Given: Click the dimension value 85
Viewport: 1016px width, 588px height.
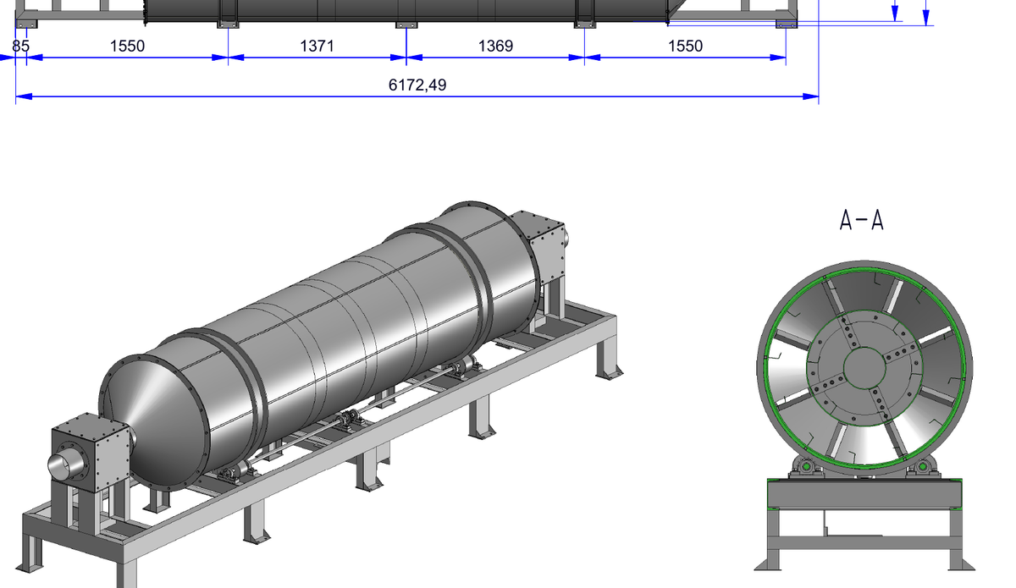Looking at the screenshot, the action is pyautogui.click(x=21, y=46).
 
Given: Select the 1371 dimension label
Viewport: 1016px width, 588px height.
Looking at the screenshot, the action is pyautogui.click(x=317, y=46).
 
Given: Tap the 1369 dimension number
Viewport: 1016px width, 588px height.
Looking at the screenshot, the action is pyautogui.click(x=496, y=46).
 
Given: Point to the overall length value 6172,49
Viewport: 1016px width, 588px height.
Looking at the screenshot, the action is pyautogui.click(x=417, y=85).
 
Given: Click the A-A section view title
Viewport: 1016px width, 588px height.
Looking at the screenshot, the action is pyautogui.click(x=861, y=220).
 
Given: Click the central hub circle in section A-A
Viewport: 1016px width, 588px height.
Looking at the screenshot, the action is pyautogui.click(x=864, y=368).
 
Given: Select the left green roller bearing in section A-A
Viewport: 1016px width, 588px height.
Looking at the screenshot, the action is pyautogui.click(x=806, y=466).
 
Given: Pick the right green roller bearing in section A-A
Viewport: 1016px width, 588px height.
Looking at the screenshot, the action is pyautogui.click(x=922, y=466).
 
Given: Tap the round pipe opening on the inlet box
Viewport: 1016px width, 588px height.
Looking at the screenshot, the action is pyautogui.click(x=66, y=464).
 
